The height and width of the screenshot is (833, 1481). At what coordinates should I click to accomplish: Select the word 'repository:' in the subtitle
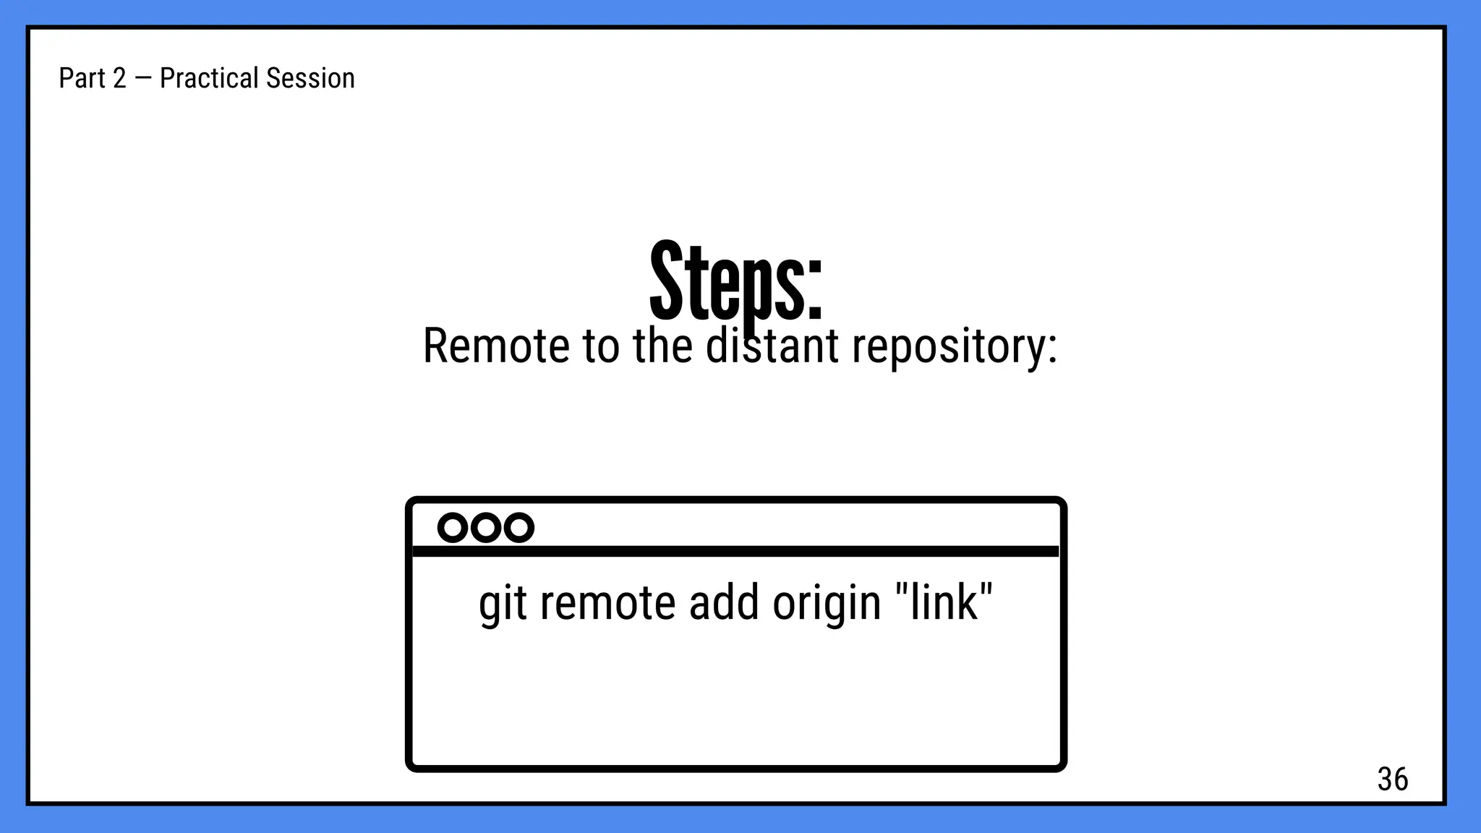tap(955, 347)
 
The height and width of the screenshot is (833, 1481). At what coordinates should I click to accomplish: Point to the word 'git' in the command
tap(502, 604)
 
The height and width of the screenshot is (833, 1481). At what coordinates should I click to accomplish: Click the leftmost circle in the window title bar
tap(453, 528)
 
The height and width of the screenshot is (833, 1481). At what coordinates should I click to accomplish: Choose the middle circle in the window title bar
tap(486, 528)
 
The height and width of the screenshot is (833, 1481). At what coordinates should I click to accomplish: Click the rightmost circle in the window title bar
tap(518, 528)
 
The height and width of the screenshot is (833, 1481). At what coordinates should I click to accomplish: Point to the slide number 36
tap(1392, 779)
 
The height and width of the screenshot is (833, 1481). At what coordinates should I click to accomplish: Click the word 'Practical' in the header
tap(208, 78)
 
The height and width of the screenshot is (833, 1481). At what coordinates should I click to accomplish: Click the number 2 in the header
tap(119, 78)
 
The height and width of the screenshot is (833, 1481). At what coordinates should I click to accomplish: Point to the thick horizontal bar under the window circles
tap(735, 552)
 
